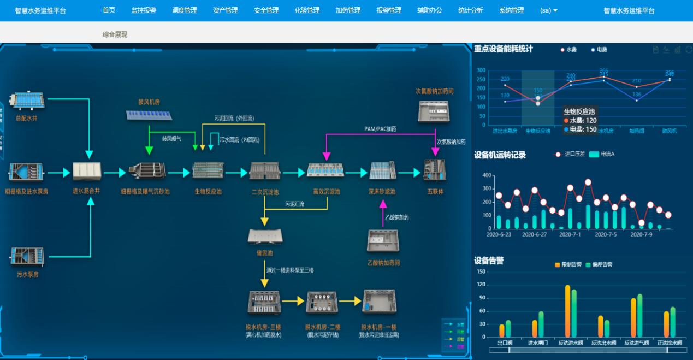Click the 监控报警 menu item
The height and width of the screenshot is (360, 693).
coord(143,10)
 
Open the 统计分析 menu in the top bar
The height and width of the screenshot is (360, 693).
coord(470,10)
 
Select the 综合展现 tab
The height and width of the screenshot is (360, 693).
coord(115,34)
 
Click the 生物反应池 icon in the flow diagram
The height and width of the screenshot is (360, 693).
coord(208,171)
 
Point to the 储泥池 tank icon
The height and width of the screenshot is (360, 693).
coord(265,236)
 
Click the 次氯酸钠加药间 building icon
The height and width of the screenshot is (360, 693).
coord(434,111)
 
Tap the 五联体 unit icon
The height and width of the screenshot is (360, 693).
coord(435,170)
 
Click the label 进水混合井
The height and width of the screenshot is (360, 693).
coord(87,192)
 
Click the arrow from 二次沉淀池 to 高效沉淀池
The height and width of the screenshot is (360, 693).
coord(294,173)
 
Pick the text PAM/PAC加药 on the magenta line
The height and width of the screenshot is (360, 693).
coord(380,129)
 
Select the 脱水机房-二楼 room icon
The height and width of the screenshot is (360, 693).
coord(322,302)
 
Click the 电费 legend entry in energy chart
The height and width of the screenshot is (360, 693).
coord(599,50)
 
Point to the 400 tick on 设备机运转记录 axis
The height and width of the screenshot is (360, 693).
coord(487,175)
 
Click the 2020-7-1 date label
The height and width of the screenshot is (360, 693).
coord(570,234)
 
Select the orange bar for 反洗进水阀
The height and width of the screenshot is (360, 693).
coord(567,310)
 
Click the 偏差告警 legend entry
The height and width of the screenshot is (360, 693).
coord(599,264)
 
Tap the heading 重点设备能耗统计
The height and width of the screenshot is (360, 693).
coord(503,49)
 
